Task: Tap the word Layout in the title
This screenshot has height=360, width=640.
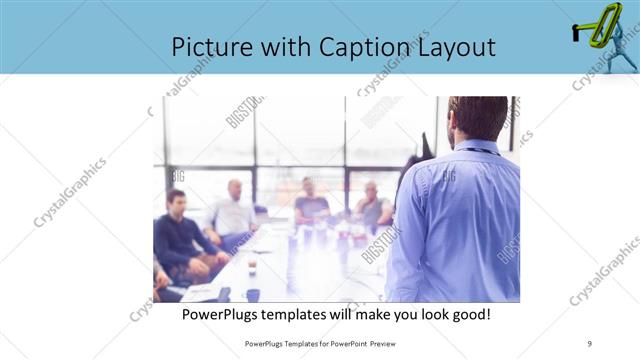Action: click(453, 47)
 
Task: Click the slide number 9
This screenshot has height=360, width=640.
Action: click(590, 343)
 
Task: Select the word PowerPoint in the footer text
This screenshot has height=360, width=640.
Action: click(346, 343)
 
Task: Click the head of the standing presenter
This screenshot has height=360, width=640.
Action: click(478, 118)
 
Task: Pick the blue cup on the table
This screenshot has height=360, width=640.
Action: click(253, 295)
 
